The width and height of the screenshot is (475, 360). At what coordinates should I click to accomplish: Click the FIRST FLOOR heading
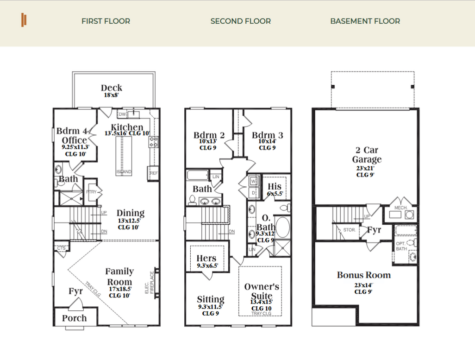pyautogui.click(x=106, y=21)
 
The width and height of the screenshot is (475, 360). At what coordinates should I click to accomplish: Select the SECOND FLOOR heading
pyautogui.click(x=240, y=21)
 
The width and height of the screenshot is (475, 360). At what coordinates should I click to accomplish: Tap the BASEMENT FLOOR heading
pyautogui.click(x=365, y=21)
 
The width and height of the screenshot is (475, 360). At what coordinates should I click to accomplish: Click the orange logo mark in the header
pyautogui.click(x=24, y=20)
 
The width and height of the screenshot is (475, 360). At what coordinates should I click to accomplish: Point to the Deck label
pyautogui.click(x=112, y=88)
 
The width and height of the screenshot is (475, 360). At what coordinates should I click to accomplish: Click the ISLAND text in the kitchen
pyautogui.click(x=124, y=172)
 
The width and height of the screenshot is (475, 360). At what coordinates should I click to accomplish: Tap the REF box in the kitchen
pyautogui.click(x=153, y=173)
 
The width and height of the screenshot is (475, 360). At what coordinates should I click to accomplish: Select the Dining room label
pyautogui.click(x=131, y=214)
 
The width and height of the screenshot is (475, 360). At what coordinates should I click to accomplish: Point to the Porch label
pyautogui.click(x=74, y=318)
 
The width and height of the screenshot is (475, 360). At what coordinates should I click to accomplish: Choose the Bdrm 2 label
pyautogui.click(x=209, y=135)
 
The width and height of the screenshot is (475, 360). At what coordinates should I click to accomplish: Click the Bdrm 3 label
pyautogui.click(x=267, y=135)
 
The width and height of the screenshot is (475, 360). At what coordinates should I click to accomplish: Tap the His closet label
pyautogui.click(x=275, y=186)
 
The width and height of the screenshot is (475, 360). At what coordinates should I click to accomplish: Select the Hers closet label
pyautogui.click(x=206, y=259)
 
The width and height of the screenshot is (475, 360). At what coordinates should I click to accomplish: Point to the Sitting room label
pyautogui.click(x=210, y=299)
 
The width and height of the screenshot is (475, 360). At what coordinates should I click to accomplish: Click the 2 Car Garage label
pyautogui.click(x=367, y=155)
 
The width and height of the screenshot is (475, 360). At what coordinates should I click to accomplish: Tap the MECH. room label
pyautogui.click(x=400, y=208)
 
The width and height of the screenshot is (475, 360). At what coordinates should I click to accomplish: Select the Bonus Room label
pyautogui.click(x=363, y=275)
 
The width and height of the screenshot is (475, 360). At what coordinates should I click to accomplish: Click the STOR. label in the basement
pyautogui.click(x=349, y=229)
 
